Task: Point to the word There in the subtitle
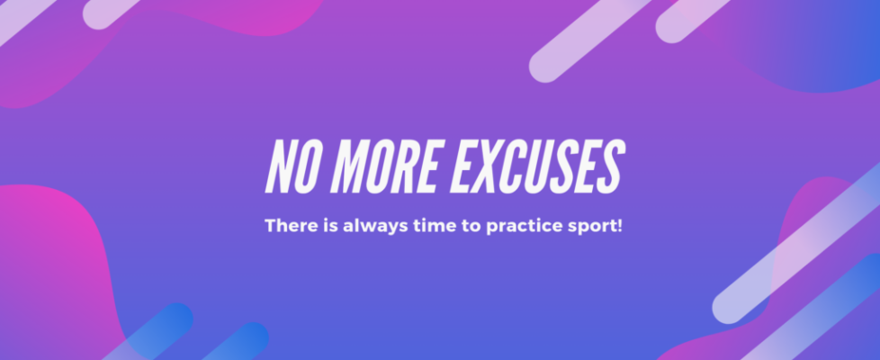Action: pos(287,225)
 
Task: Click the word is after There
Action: pos(324,225)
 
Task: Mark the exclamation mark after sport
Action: pos(619,225)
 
